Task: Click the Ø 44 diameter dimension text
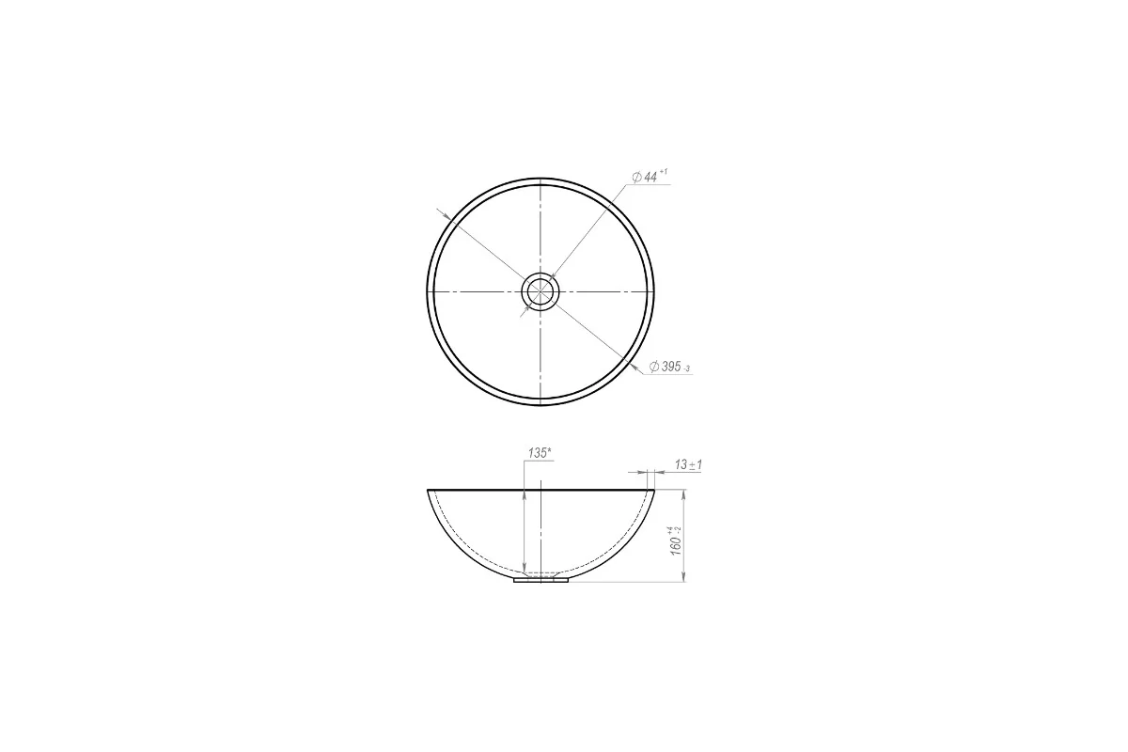tap(645, 177)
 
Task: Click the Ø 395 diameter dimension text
tap(665, 367)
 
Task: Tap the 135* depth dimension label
tap(540, 453)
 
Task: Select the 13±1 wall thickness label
tap(688, 464)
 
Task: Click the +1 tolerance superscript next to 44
tap(664, 172)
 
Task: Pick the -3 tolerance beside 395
tap(686, 369)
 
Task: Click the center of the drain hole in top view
tap(540, 291)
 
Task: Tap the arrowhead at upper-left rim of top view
tap(446, 216)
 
